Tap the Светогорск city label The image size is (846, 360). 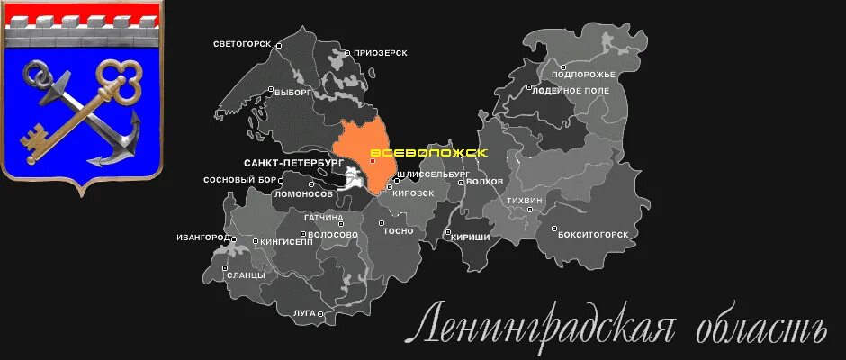point(244,43)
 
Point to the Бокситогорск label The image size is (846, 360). point(593,232)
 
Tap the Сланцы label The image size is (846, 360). point(245,274)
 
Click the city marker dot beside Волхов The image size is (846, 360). point(461,182)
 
